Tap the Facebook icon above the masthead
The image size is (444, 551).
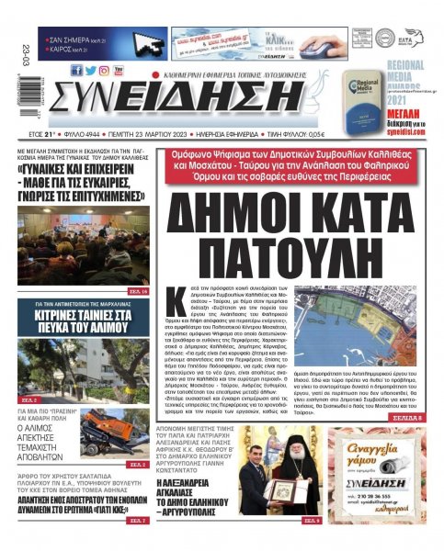coord(76,70)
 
